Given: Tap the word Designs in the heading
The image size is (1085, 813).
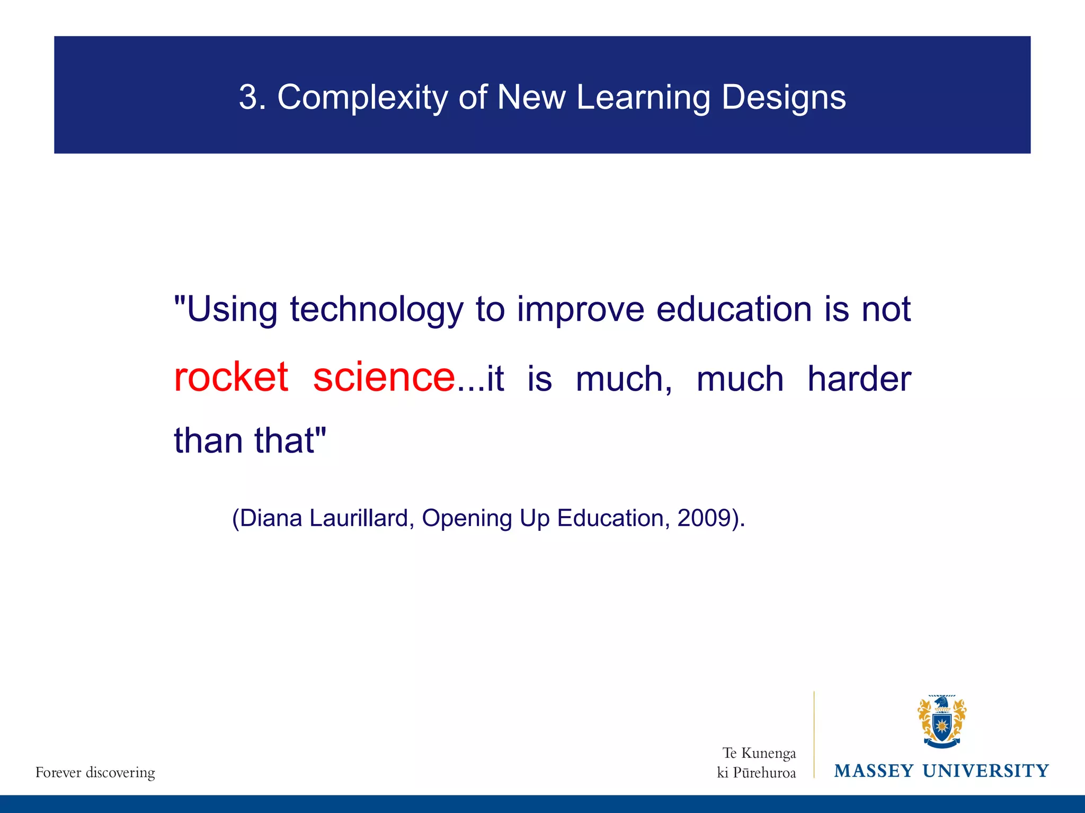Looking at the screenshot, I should [x=784, y=98].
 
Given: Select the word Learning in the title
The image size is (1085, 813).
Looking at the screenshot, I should [x=643, y=98].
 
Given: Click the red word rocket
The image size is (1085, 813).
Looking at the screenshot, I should [x=231, y=377].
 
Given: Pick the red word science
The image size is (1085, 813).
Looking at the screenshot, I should [x=384, y=377].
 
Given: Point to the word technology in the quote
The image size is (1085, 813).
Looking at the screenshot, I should [x=376, y=310].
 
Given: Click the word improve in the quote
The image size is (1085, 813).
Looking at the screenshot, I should [x=581, y=310].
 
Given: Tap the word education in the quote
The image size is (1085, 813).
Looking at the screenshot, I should [x=734, y=309].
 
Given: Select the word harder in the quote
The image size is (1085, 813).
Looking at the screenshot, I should [x=859, y=379].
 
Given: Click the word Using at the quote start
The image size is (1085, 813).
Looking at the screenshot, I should [x=232, y=310].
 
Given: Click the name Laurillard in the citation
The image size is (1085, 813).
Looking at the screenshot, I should [x=359, y=518].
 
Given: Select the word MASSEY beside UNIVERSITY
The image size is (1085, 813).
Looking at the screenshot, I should [x=874, y=771].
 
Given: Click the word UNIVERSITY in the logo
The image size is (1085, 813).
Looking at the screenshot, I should [x=985, y=771].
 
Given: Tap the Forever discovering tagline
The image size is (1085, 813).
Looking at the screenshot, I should [x=95, y=773].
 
